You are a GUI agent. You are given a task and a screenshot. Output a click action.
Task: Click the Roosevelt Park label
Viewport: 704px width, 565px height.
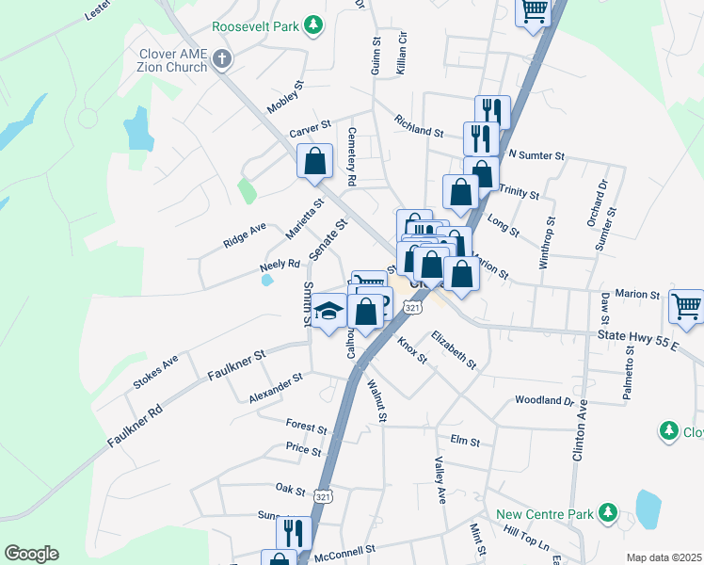tap(254, 27)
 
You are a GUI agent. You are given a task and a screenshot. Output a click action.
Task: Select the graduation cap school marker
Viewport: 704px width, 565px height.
tap(328, 312)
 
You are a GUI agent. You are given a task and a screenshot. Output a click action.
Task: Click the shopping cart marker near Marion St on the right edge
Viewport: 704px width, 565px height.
tap(686, 307)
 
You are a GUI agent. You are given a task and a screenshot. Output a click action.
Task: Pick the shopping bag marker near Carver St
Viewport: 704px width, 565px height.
tap(315, 160)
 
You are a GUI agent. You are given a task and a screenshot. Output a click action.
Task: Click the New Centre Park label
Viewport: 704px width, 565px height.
tap(545, 514)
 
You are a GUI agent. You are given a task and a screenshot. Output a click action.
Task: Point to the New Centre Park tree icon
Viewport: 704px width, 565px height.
tap(607, 512)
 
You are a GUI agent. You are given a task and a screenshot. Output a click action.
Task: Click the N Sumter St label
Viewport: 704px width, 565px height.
tap(536, 154)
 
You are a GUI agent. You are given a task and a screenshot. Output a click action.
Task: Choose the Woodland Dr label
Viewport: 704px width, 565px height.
tap(544, 400)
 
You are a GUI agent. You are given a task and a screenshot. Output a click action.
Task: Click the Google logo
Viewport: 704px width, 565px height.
tap(31, 553)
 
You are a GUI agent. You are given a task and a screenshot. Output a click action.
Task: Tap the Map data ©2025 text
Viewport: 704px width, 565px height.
tap(664, 557)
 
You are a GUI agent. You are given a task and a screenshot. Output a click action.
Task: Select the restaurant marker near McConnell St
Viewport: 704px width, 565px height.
tap(294, 532)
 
